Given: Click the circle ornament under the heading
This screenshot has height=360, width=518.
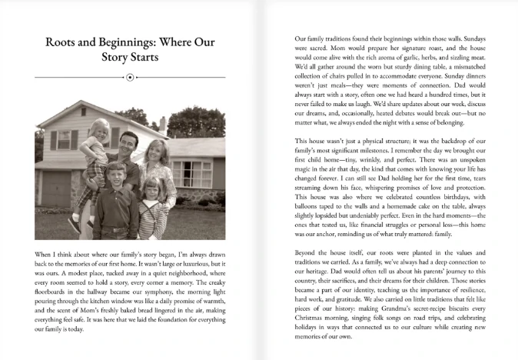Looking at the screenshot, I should pyautogui.click(x=130, y=77).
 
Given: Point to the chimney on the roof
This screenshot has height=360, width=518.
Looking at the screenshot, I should pyautogui.click(x=162, y=125).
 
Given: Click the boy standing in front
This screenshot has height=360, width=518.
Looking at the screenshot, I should pyautogui.click(x=115, y=196).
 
